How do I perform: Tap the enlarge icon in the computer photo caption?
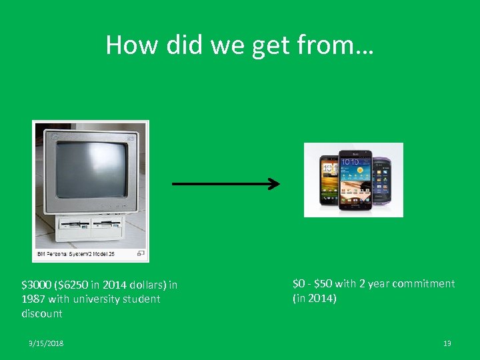pos(141,253)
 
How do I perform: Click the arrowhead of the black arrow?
pos(273,184)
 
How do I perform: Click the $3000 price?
pos(35,285)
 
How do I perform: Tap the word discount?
pos(42,313)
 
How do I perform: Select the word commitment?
pos(423,284)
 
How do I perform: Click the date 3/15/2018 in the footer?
pos(43,343)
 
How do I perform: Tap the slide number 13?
pos(447,343)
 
